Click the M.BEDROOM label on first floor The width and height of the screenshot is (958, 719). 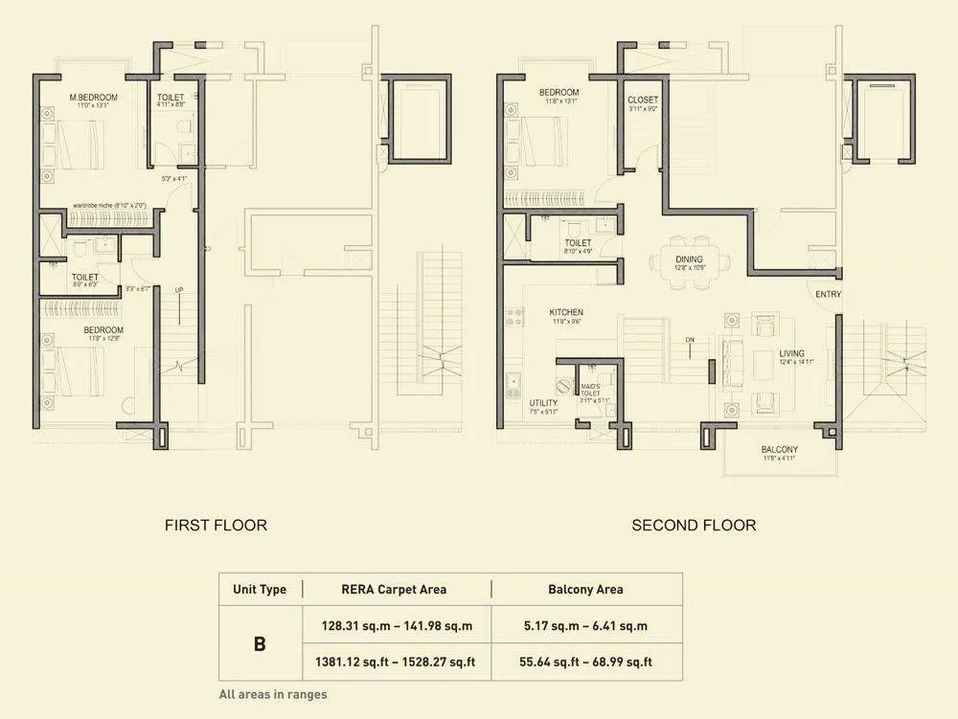pos(93,98)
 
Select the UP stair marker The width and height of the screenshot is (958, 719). pos(179,289)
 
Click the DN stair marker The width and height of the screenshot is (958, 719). pos(688,339)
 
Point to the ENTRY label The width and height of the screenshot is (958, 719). pos(829,294)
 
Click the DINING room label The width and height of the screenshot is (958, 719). pos(689,259)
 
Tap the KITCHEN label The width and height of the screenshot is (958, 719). pos(566,312)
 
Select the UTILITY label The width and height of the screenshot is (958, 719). pos(543,403)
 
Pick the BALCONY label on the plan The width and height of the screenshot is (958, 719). pos(780,449)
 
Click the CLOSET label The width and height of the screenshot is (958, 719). pos(643,100)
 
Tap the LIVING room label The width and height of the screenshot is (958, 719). pos(791,352)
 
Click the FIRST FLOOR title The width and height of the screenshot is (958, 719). pos(216,525)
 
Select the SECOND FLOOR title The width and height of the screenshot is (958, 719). pos(694,525)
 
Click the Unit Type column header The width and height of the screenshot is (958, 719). pos(260,589)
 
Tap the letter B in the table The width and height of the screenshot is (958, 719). pos(260,643)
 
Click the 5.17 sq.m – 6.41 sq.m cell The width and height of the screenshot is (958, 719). pos(585,626)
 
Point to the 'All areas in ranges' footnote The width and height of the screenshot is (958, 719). pos(273,694)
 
